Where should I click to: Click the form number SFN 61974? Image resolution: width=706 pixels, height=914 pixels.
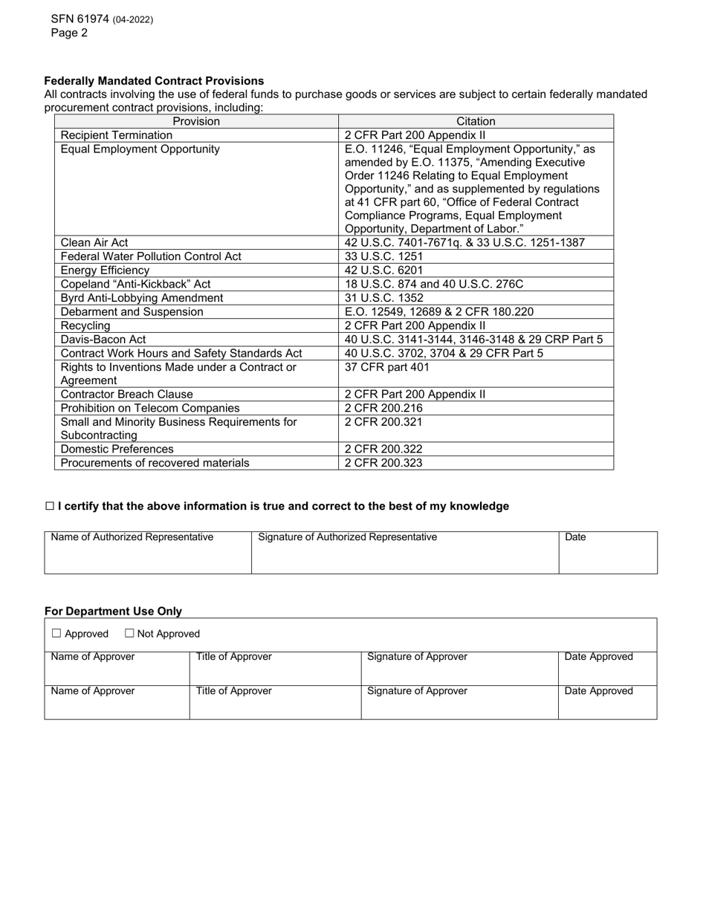pyautogui.click(x=80, y=19)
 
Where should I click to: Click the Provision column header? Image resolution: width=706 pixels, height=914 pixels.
pyautogui.click(x=196, y=121)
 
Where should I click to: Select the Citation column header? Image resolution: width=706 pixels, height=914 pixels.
pyautogui.click(x=476, y=121)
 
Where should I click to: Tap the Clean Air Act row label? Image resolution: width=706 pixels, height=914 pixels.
pyautogui.click(x=95, y=243)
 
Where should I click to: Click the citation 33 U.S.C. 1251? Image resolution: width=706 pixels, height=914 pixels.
pyautogui.click(x=384, y=256)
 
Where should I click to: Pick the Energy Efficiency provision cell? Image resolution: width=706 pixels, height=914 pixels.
pyautogui.click(x=105, y=270)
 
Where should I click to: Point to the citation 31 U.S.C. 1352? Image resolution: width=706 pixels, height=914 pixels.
pyautogui.click(x=384, y=298)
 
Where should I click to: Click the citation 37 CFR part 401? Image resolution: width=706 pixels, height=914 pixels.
pyautogui.click(x=387, y=367)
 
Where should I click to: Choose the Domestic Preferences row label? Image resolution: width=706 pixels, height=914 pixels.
pyautogui.click(x=117, y=450)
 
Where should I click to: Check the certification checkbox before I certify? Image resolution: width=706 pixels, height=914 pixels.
pyautogui.click(x=50, y=506)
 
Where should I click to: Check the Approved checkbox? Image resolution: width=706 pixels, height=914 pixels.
pyautogui.click(x=56, y=634)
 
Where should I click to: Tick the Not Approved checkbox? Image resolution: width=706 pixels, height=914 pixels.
pyautogui.click(x=129, y=634)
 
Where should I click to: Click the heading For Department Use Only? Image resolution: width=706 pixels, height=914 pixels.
pyautogui.click(x=113, y=611)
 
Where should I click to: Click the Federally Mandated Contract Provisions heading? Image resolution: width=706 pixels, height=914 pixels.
pyautogui.click(x=154, y=80)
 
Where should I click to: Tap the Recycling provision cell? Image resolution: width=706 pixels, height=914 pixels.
pyautogui.click(x=85, y=325)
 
